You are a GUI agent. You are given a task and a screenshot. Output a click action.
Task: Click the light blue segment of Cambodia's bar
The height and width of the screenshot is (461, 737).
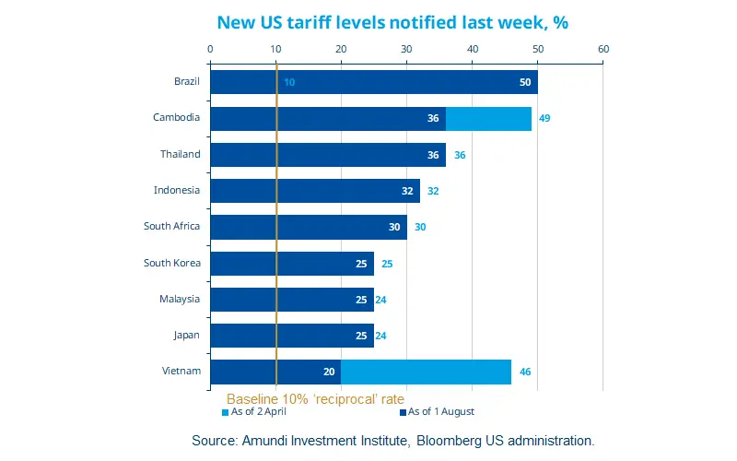tap(488, 118)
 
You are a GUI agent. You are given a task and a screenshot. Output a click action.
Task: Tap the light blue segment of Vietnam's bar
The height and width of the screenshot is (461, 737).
tap(426, 372)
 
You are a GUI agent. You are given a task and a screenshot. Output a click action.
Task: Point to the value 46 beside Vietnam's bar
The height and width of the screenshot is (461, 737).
tap(525, 372)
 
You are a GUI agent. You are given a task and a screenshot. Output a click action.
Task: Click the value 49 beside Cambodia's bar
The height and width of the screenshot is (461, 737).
tap(544, 118)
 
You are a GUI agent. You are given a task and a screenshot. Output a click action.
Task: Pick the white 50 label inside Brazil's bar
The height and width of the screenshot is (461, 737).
tap(525, 82)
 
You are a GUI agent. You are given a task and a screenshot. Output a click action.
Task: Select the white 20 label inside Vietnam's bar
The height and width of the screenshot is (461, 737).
tap(329, 372)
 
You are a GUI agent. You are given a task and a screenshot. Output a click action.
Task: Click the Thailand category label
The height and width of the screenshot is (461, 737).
tap(180, 154)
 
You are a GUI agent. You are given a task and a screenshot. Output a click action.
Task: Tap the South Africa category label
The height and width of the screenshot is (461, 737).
tap(171, 226)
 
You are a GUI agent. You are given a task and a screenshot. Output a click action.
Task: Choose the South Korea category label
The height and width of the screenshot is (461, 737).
tap(171, 263)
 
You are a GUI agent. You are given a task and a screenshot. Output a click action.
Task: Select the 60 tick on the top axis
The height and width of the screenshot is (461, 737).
tap(603, 49)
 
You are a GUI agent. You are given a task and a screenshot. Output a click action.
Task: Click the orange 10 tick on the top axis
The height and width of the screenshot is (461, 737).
tap(276, 49)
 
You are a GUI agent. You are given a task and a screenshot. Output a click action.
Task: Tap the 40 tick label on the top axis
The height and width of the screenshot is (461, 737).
tap(473, 49)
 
